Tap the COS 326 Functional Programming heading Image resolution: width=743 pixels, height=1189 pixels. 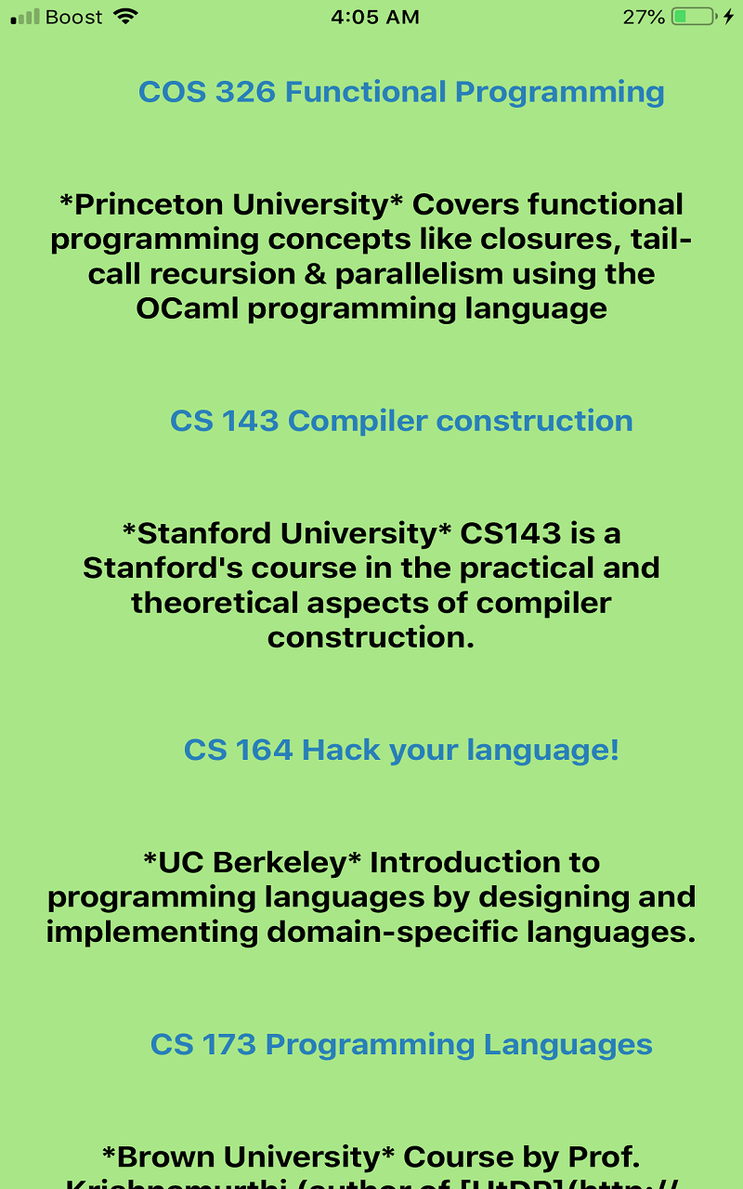401,92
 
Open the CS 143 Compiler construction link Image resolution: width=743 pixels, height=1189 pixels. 401,421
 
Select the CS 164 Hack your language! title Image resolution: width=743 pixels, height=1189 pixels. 401,750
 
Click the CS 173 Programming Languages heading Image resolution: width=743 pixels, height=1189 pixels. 401,1044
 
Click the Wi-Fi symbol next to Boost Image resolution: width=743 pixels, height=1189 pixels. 124,17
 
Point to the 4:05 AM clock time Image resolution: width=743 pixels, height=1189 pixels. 375,17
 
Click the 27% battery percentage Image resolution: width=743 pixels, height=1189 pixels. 644,17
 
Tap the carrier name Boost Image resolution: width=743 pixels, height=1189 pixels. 73,17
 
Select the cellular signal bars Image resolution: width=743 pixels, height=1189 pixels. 25,17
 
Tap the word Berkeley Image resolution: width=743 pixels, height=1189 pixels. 279,862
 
